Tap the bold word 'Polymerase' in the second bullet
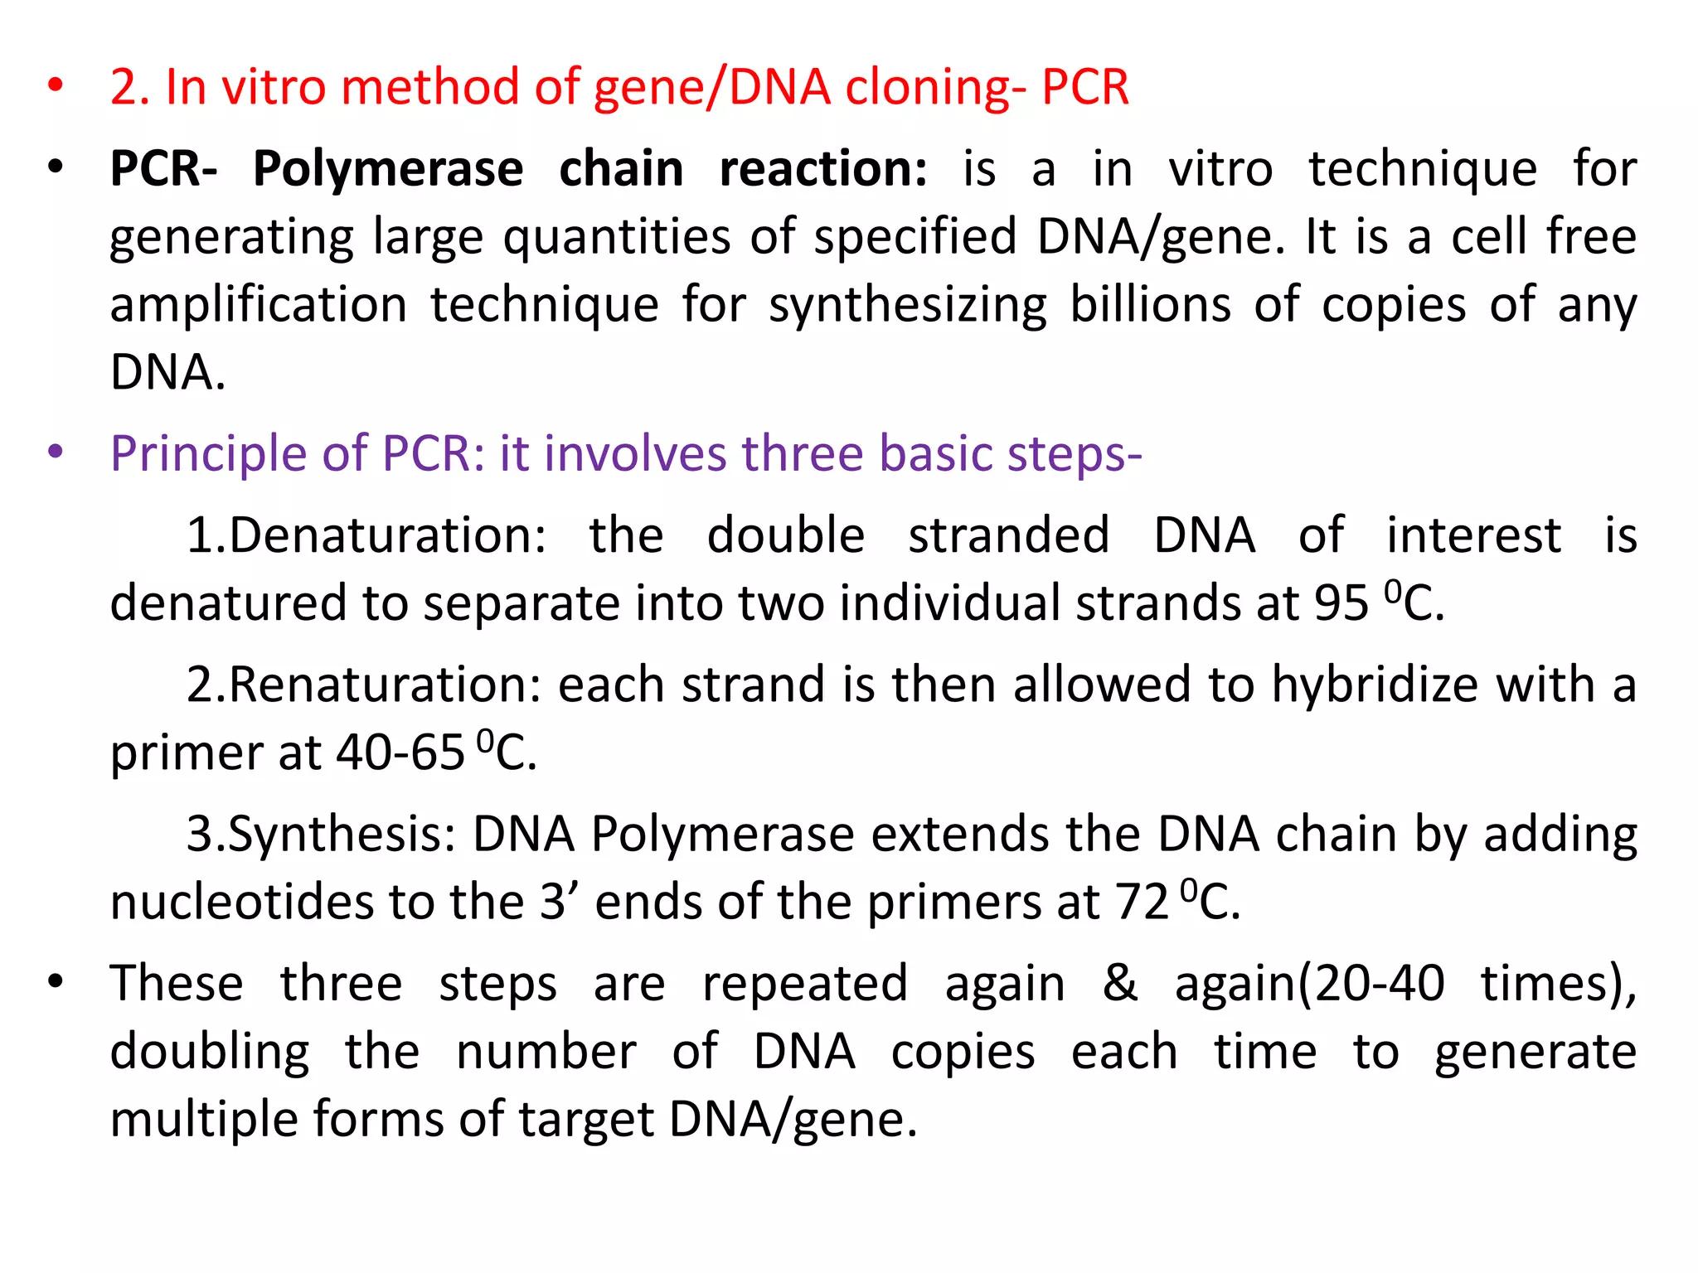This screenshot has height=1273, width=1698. [388, 169]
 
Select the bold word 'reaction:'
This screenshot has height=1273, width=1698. [823, 169]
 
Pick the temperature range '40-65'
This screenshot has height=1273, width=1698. [400, 753]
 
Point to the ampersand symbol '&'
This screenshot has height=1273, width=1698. [1119, 984]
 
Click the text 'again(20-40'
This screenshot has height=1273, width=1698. [1309, 985]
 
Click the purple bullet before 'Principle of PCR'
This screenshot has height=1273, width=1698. [56, 453]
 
